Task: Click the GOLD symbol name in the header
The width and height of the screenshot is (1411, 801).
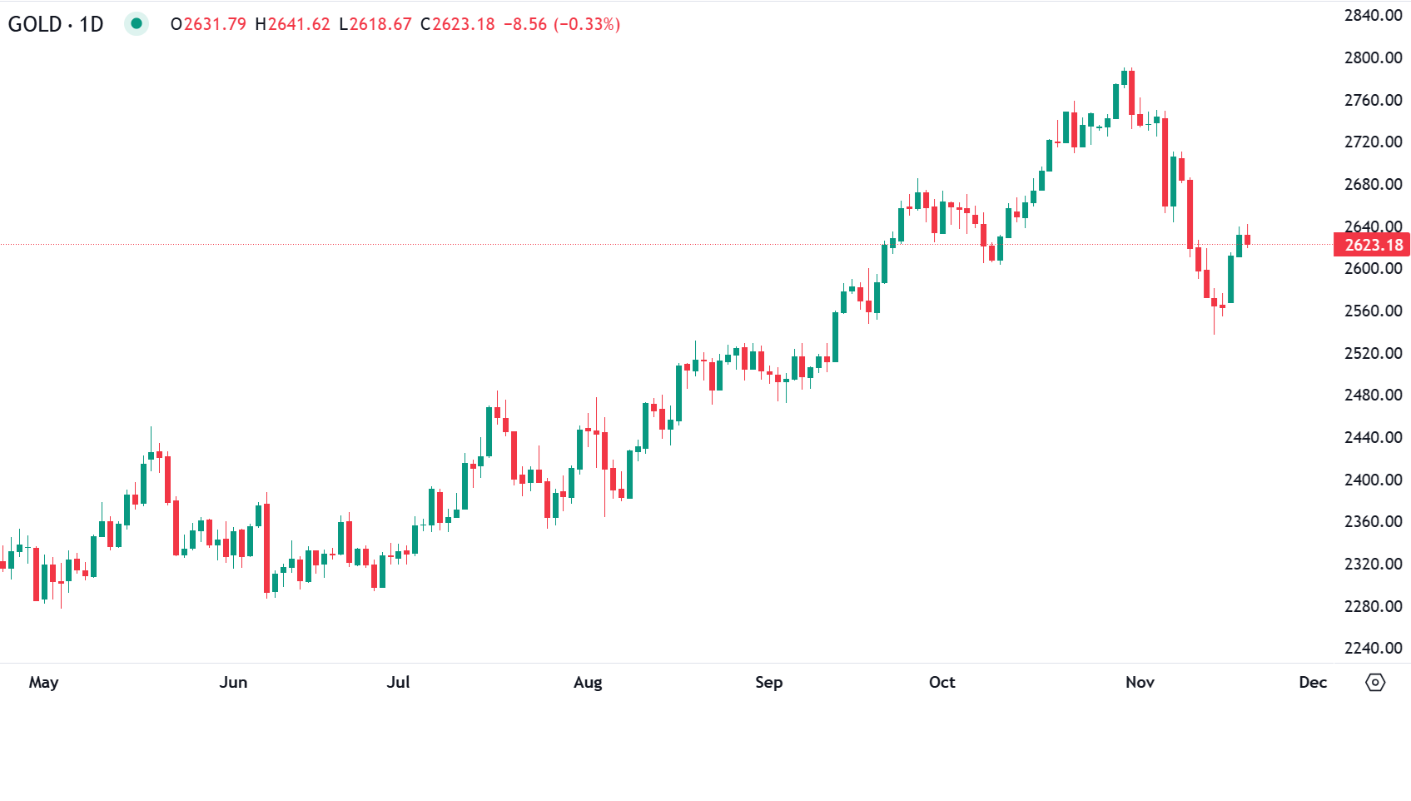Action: (x=35, y=24)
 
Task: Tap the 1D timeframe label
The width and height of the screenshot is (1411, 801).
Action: (x=92, y=24)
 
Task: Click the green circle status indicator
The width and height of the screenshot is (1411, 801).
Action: (x=137, y=23)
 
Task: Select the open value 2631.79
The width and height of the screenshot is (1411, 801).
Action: (x=215, y=24)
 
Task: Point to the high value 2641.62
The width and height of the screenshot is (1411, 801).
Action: (x=299, y=24)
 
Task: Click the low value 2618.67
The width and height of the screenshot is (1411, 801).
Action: (x=380, y=24)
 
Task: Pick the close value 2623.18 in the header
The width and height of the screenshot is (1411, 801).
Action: (x=464, y=24)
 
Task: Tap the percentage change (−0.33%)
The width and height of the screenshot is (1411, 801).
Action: (x=587, y=24)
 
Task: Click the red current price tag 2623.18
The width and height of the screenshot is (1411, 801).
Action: (x=1374, y=245)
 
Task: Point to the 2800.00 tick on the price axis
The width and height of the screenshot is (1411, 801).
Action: (x=1374, y=57)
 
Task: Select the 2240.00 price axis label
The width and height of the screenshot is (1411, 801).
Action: (x=1374, y=648)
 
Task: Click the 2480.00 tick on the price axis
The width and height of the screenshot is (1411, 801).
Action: (x=1374, y=395)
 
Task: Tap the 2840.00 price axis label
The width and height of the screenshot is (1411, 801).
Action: (x=1374, y=15)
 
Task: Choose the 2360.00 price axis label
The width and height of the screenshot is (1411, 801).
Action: (x=1374, y=521)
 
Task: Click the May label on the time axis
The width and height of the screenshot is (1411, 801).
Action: (x=43, y=683)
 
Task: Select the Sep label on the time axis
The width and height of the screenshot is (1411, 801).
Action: (x=768, y=683)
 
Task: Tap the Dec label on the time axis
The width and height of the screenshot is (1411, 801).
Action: (x=1313, y=683)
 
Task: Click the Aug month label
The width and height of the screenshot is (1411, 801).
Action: (x=588, y=683)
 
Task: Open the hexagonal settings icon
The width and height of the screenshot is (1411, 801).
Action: (x=1375, y=683)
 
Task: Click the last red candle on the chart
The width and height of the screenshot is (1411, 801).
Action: (x=1247, y=240)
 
